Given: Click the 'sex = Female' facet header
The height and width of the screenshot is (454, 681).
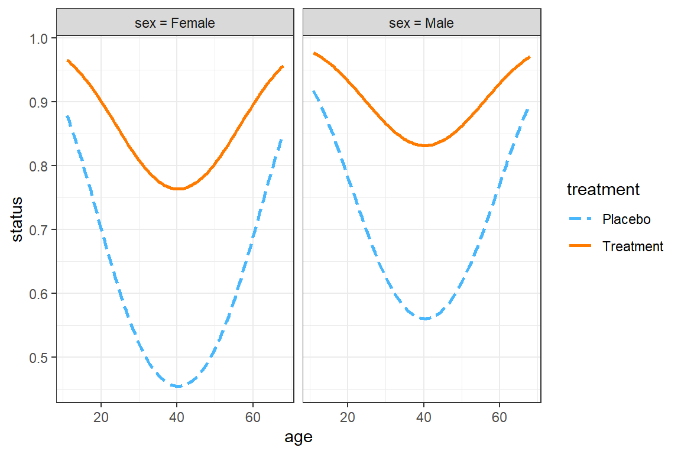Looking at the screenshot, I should [174, 23].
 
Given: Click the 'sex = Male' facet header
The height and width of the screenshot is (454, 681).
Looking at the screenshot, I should [422, 23].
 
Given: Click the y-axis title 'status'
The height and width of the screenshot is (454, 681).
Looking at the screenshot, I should [18, 219].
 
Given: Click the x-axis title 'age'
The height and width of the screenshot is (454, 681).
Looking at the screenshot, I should [299, 437].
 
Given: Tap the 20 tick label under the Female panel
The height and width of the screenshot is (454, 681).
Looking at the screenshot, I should [100, 416].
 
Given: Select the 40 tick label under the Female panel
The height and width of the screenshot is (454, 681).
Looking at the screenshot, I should [177, 416].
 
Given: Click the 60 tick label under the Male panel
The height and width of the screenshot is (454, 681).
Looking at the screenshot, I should [500, 416].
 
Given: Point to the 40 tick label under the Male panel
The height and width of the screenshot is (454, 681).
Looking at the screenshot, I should [424, 416].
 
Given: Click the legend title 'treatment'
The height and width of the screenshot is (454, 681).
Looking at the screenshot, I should [603, 190].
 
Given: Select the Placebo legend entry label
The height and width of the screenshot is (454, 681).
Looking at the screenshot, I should [626, 219].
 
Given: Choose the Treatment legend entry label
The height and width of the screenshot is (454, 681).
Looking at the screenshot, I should [633, 247].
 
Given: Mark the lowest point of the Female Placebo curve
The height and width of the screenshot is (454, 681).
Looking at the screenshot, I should [177, 386].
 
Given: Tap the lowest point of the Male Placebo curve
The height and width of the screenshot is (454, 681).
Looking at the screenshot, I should [424, 319].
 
